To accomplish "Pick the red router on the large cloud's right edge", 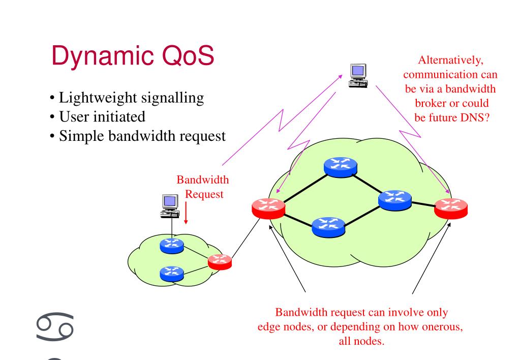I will [x=451, y=207].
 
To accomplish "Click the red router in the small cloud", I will [x=220, y=261].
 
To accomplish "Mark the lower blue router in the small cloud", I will [x=171, y=273].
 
